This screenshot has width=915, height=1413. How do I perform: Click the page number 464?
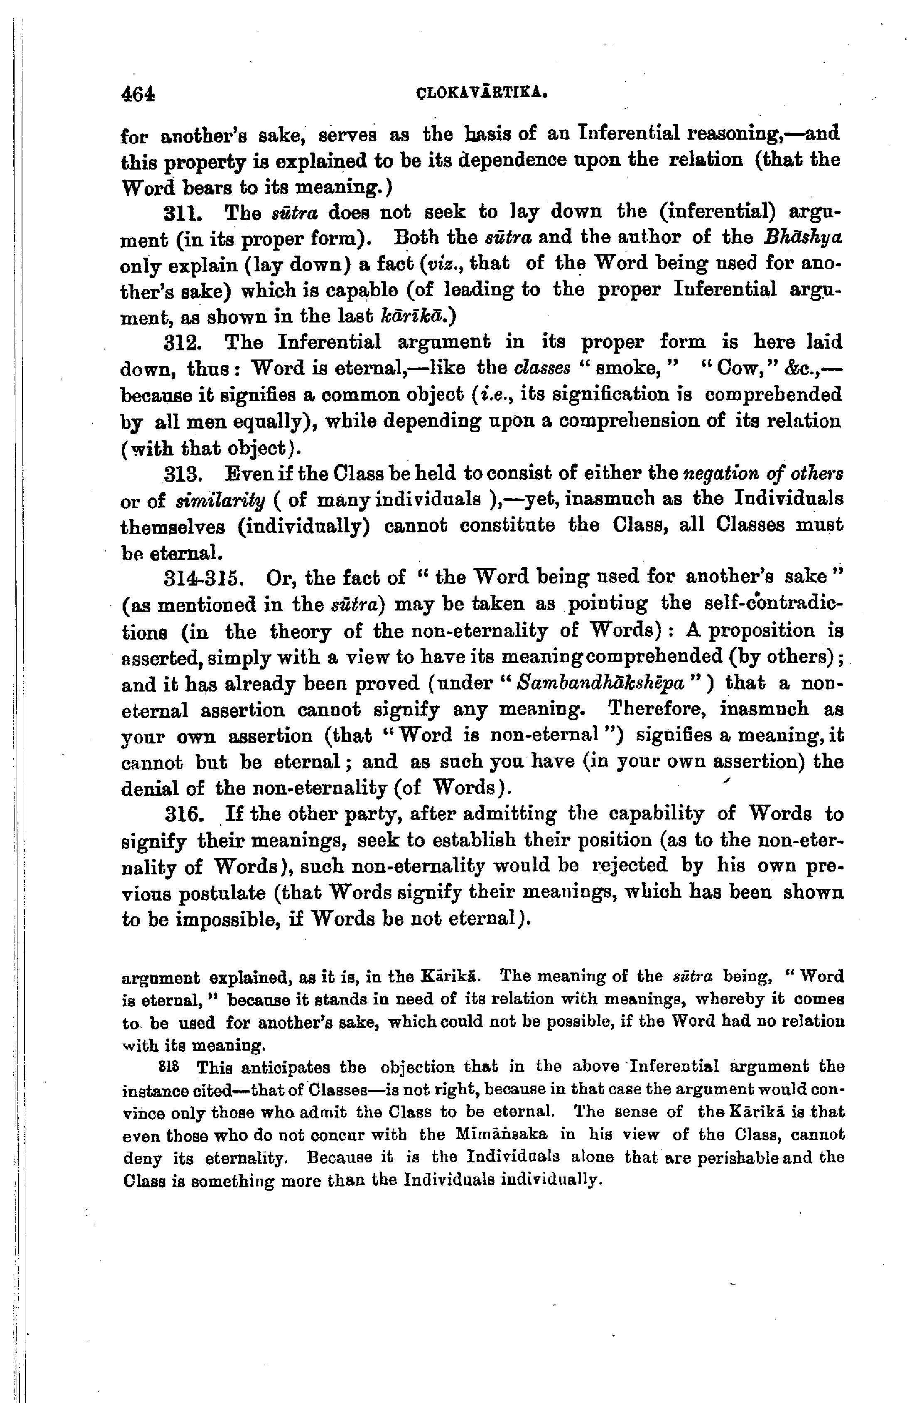pyautogui.click(x=137, y=94)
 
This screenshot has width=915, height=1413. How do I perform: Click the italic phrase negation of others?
pyautogui.click(x=762, y=474)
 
